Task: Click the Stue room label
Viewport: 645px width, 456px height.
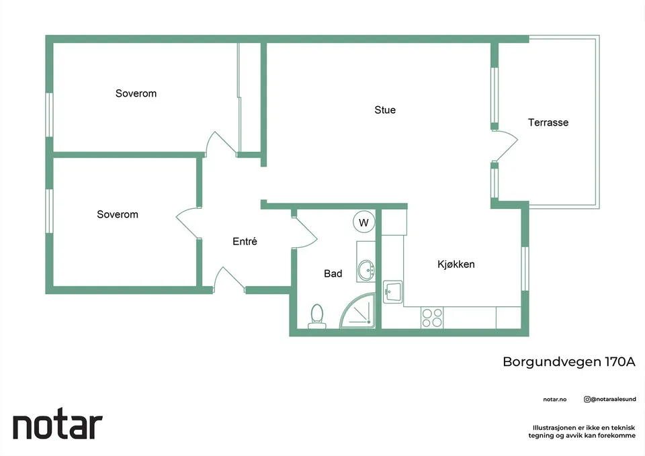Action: coord(385,109)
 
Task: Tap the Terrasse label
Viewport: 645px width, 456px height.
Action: coord(548,122)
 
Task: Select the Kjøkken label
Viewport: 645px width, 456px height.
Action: coord(456,264)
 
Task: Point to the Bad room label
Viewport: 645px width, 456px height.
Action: coord(333,273)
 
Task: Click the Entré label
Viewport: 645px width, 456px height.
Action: coord(245,241)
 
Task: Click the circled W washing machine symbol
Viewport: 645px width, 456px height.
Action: coord(363,222)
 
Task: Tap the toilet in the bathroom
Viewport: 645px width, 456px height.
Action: coord(316,316)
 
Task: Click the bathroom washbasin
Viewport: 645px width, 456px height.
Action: coord(365,270)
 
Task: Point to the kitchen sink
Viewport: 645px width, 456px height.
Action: coord(392,292)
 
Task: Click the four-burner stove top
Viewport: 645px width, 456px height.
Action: coord(432,318)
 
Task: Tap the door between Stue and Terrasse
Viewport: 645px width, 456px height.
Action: coord(505,146)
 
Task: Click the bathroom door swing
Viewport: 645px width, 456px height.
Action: coord(304,232)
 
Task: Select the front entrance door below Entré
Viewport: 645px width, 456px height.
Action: coord(228,279)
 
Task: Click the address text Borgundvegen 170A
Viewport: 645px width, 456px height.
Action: coord(569,362)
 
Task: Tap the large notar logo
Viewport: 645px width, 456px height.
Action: coord(58,424)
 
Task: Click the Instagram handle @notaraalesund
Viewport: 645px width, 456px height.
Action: coord(610,400)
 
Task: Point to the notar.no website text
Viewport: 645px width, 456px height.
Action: coord(554,400)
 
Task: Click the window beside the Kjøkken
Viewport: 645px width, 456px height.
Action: coord(525,269)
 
